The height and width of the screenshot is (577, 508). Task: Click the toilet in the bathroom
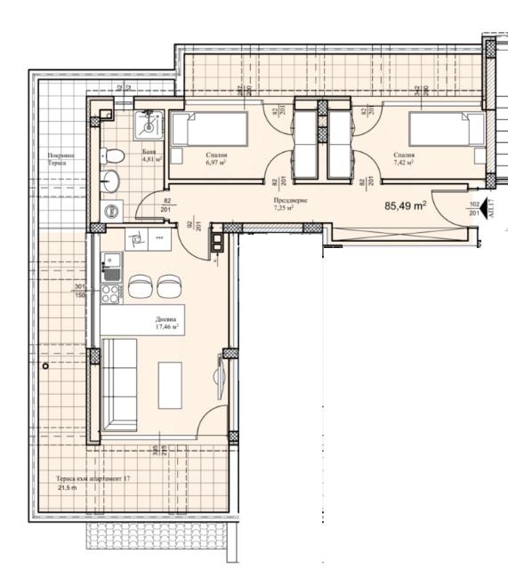coord(113,156)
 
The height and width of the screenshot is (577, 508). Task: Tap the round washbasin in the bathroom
coord(112,182)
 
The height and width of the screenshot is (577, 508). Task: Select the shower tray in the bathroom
coord(147,126)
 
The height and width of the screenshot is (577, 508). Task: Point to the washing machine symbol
coord(111,212)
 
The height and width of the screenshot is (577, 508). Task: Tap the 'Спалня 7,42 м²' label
coord(405,159)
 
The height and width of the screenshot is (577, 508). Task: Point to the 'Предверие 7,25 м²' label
coord(290,204)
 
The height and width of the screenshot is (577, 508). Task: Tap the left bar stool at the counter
coord(141,287)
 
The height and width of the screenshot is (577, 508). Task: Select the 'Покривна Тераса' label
coord(64,160)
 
